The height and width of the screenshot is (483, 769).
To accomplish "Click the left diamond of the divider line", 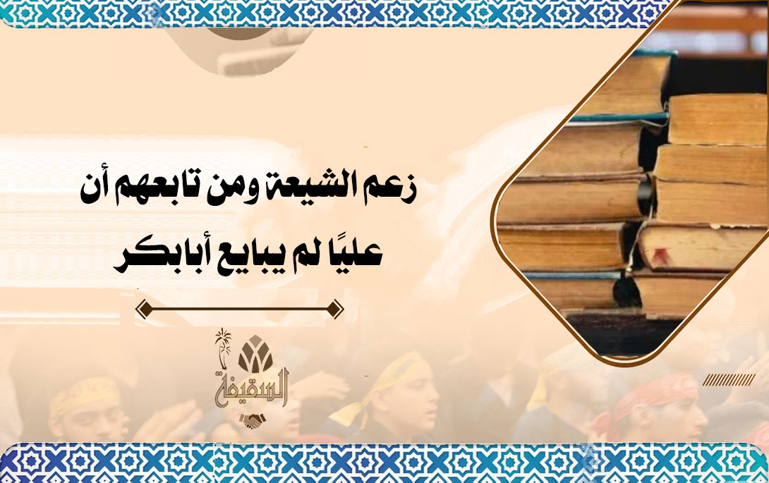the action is [143, 310].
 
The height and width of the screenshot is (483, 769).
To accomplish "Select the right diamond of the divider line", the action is [336, 310].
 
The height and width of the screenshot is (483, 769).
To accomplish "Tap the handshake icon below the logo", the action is [252, 421].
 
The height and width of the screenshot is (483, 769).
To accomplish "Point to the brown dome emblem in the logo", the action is [255, 353].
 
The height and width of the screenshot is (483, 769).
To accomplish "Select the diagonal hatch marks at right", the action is [729, 379].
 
